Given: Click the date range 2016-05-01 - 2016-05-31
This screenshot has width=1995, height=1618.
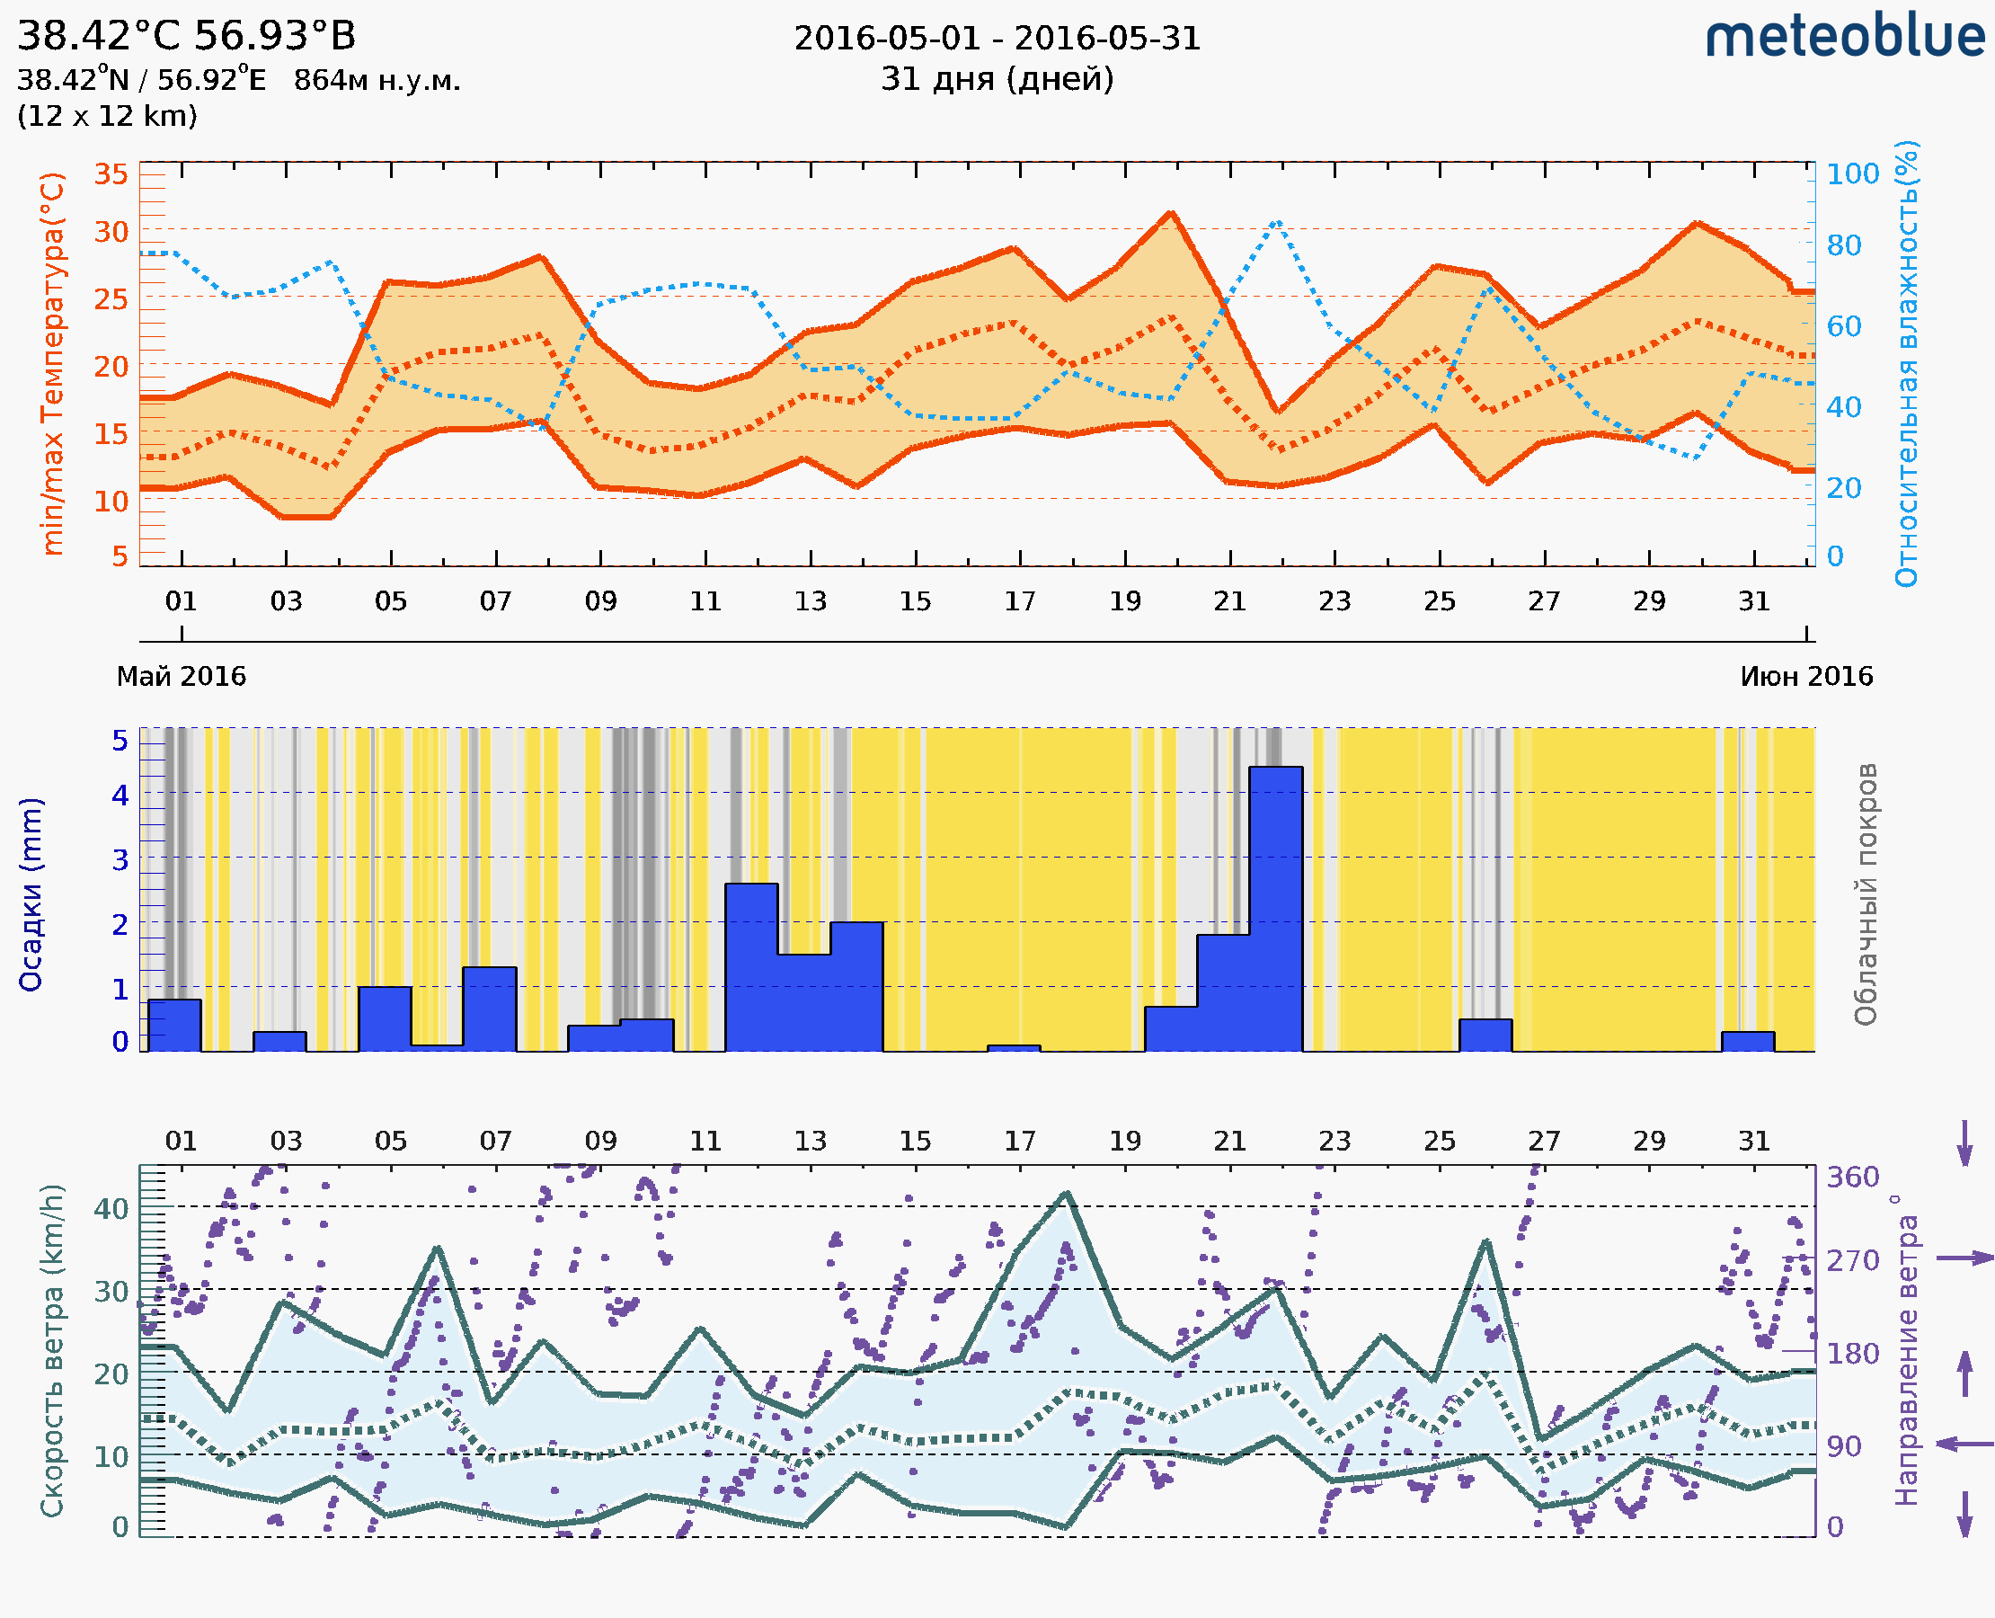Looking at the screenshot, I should (997, 40).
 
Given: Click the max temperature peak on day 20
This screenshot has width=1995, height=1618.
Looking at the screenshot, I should (1171, 213).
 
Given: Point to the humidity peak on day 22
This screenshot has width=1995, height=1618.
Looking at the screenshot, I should (1278, 222).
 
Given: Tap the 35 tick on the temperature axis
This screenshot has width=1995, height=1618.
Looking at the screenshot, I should (111, 174).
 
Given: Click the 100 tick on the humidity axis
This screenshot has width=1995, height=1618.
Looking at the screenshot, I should (1852, 174).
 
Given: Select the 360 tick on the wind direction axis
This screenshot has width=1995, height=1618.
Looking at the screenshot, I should (1852, 1178).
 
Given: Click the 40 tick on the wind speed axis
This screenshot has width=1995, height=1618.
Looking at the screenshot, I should (111, 1209).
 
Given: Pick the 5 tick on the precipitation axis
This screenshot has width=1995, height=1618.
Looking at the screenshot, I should (120, 741).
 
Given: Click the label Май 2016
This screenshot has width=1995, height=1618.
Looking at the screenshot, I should (181, 677).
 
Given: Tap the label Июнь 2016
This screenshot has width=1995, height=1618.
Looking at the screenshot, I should (1806, 677).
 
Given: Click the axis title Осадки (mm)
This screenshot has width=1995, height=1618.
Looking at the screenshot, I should (31, 894).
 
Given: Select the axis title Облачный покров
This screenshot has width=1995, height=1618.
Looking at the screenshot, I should (1865, 894).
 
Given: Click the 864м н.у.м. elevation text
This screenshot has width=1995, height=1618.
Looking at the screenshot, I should (377, 81).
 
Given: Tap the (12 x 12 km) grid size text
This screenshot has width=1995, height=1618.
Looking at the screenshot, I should (107, 117).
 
